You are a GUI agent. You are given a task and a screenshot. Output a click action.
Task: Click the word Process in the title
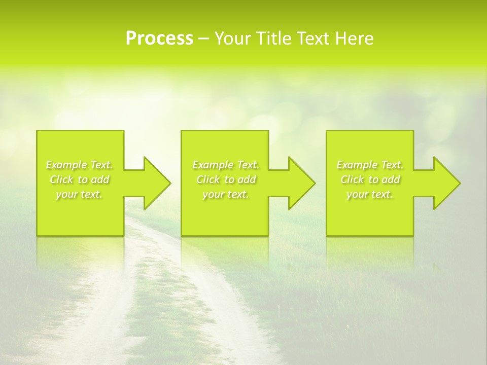[159, 39]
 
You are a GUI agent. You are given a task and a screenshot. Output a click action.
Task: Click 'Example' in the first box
[66, 165]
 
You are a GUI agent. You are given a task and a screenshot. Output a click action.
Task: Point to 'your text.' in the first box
[79, 194]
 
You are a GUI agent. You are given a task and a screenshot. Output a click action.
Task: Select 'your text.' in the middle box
[226, 194]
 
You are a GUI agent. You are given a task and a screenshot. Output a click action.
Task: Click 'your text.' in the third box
[370, 194]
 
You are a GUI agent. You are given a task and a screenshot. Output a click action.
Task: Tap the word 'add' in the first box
[100, 179]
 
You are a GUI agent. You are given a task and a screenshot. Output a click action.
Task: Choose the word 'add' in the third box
[391, 179]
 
